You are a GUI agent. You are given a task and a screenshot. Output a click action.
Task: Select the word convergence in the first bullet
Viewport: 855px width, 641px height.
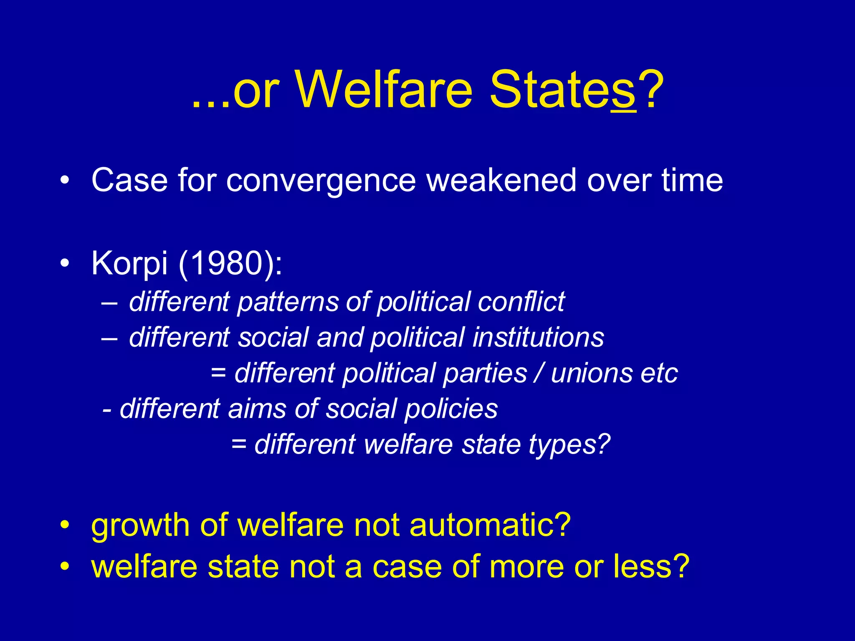coord(321,181)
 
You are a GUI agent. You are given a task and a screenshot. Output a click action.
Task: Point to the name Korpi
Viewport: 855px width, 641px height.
coord(129,264)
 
